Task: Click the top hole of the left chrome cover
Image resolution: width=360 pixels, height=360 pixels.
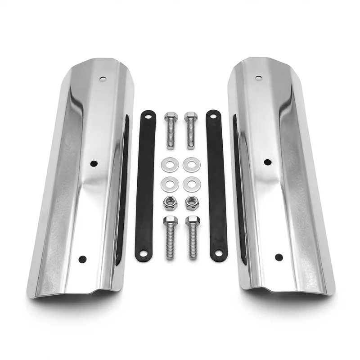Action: tap(103, 79)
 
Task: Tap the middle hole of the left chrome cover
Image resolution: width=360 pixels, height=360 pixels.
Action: tap(94, 163)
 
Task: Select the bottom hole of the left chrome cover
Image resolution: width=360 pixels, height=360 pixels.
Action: tap(82, 259)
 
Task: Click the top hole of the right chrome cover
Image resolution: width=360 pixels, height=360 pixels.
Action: tap(258, 78)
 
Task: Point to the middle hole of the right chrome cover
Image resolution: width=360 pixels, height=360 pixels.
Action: tap(267, 162)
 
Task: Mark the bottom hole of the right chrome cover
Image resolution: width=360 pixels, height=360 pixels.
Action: tap(279, 257)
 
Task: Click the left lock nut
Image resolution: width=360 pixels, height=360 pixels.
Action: tap(170, 203)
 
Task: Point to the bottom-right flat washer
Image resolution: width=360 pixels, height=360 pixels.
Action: tap(192, 184)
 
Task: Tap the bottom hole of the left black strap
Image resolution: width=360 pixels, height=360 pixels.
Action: tap(144, 253)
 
